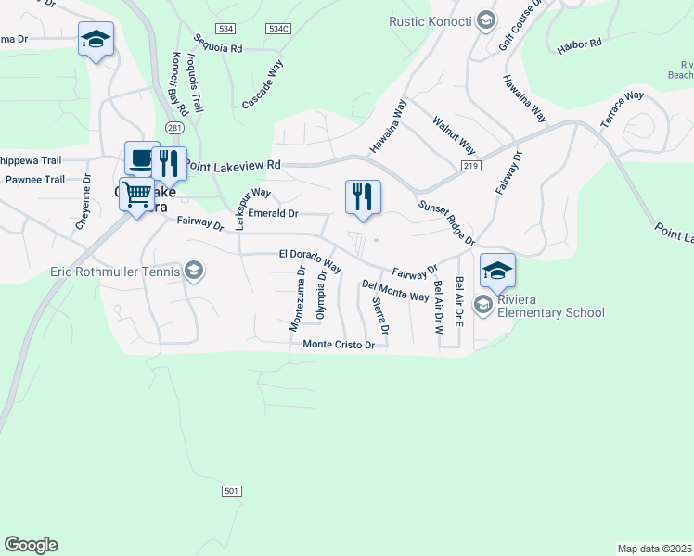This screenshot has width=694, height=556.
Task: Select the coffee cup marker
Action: click(x=141, y=158)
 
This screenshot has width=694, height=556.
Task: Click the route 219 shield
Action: click(x=469, y=165)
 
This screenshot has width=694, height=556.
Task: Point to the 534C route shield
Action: click(x=277, y=29)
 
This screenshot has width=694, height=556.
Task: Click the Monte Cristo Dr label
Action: click(x=339, y=345)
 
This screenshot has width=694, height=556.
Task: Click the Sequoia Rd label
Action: click(x=218, y=44)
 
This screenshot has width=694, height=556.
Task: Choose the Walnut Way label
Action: click(x=454, y=135)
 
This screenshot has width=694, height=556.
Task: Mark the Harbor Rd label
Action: click(x=579, y=44)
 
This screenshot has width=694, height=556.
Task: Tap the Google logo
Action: click(x=31, y=545)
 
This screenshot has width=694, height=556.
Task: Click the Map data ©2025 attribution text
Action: click(x=655, y=549)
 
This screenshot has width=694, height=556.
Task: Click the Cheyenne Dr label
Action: click(x=83, y=204)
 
